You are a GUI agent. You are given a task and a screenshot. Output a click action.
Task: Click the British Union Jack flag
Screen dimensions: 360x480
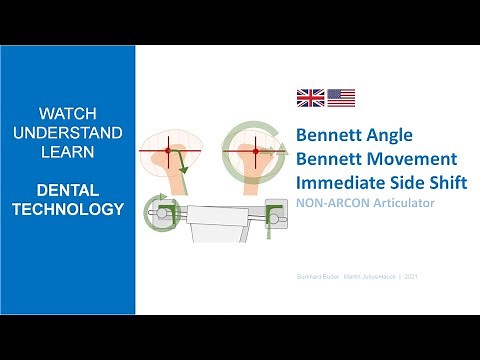coord(310,98)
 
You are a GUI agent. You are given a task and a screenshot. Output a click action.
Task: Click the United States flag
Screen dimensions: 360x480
coord(341,98)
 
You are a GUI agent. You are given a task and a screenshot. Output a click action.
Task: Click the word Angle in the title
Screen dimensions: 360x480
coord(386,134)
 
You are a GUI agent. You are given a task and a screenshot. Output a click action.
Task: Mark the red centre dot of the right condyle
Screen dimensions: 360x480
coord(256,151)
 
